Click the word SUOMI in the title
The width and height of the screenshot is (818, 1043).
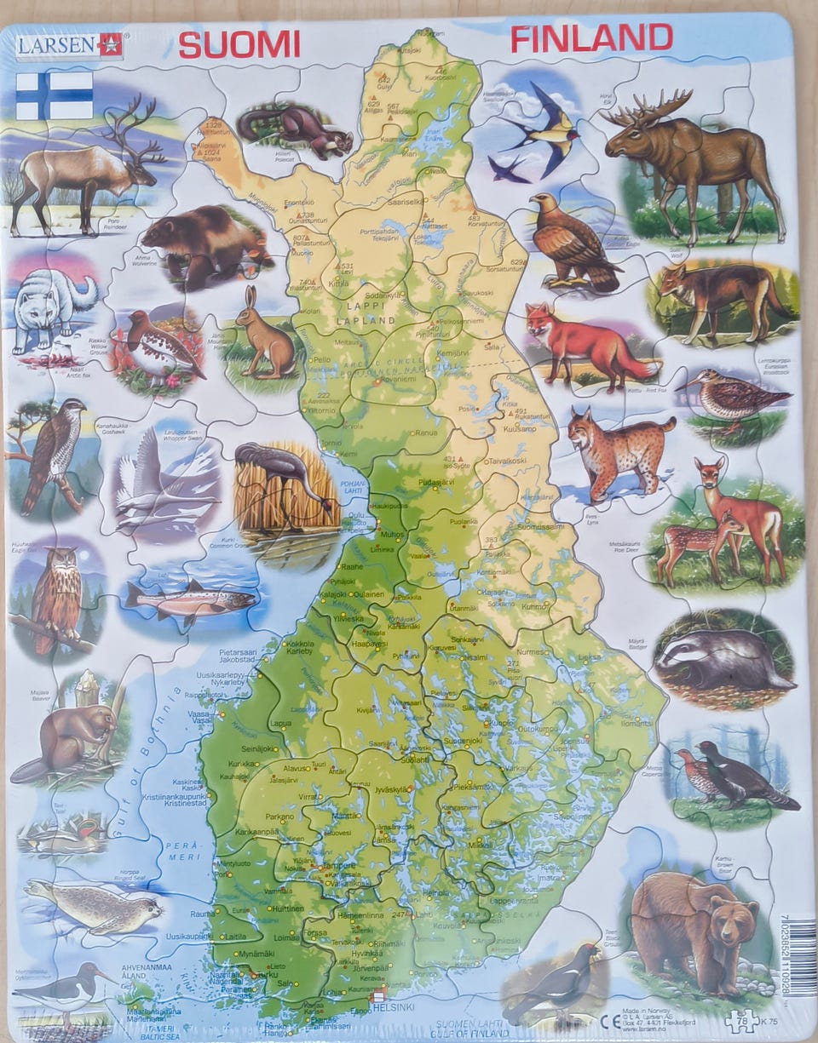coord(239,43)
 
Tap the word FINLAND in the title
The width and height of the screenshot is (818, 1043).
coord(591,38)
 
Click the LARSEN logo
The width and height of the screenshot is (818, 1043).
coord(69,44)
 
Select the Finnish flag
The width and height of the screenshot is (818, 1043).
coord(55,95)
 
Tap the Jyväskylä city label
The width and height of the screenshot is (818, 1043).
coord(390,789)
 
